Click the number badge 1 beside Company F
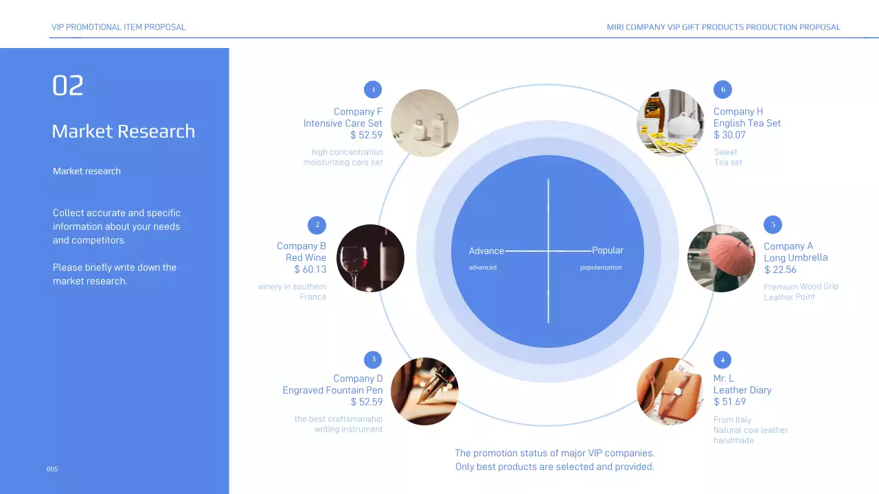click(x=373, y=90)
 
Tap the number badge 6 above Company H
click(x=722, y=90)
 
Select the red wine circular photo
click(x=370, y=258)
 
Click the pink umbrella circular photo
click(x=721, y=258)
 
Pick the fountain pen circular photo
click(x=424, y=391)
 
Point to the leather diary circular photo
click(x=670, y=391)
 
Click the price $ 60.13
click(x=310, y=270)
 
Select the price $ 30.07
click(x=729, y=135)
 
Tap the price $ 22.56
click(x=780, y=270)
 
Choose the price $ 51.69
click(x=729, y=402)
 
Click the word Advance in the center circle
click(x=486, y=251)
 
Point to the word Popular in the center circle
click(x=608, y=250)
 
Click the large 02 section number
click(x=68, y=86)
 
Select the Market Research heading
click(x=124, y=132)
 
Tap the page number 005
click(x=52, y=469)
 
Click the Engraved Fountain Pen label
click(x=332, y=390)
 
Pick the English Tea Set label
click(x=747, y=123)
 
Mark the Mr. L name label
click(x=724, y=379)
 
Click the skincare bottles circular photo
click(x=424, y=123)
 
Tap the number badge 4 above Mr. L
click(x=722, y=360)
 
